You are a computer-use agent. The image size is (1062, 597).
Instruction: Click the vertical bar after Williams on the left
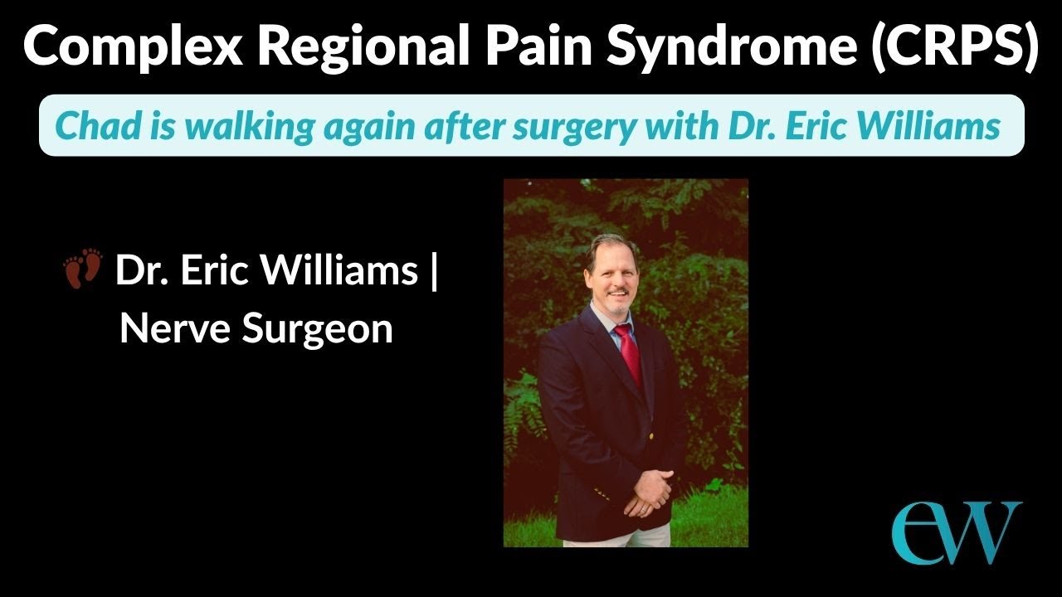coord(434,270)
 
